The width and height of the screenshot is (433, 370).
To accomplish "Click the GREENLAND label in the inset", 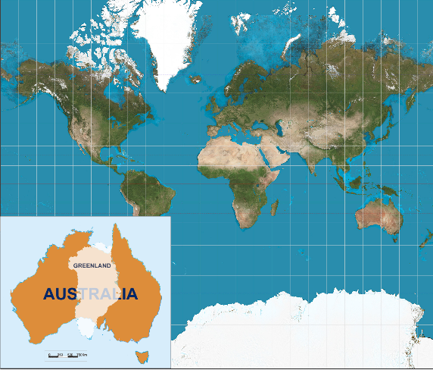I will click(92, 265).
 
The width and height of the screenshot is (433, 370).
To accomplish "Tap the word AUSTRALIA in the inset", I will click(91, 293).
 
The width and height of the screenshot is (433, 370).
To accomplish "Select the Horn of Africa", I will click(282, 174).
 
